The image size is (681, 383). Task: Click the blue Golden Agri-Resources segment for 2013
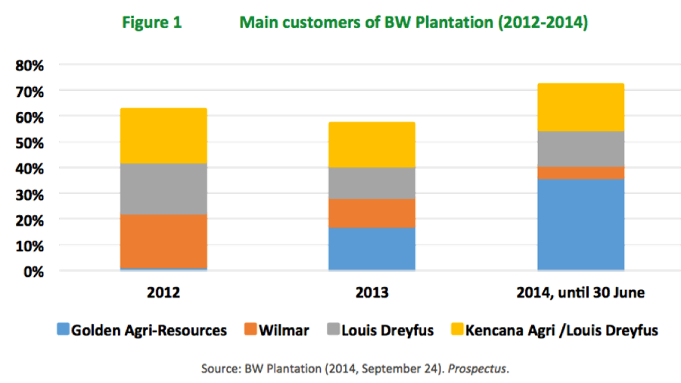point(372,248)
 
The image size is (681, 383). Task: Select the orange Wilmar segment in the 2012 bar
point(163,241)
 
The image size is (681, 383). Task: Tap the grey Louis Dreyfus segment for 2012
point(163,188)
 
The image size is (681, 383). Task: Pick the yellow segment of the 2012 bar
point(163,135)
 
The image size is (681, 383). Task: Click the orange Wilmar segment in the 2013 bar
point(372,213)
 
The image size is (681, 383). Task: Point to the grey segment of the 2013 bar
point(372,182)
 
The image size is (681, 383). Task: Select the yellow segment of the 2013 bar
point(372,145)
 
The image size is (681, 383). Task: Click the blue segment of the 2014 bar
point(580,224)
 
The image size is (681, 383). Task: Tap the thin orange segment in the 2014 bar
point(580,173)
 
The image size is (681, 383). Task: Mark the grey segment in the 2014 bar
point(580,148)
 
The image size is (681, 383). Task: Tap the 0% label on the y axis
point(34,271)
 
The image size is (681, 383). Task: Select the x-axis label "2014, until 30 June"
point(580,292)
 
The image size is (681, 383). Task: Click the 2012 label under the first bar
point(163,292)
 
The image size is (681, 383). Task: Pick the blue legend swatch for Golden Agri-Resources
point(63,330)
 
